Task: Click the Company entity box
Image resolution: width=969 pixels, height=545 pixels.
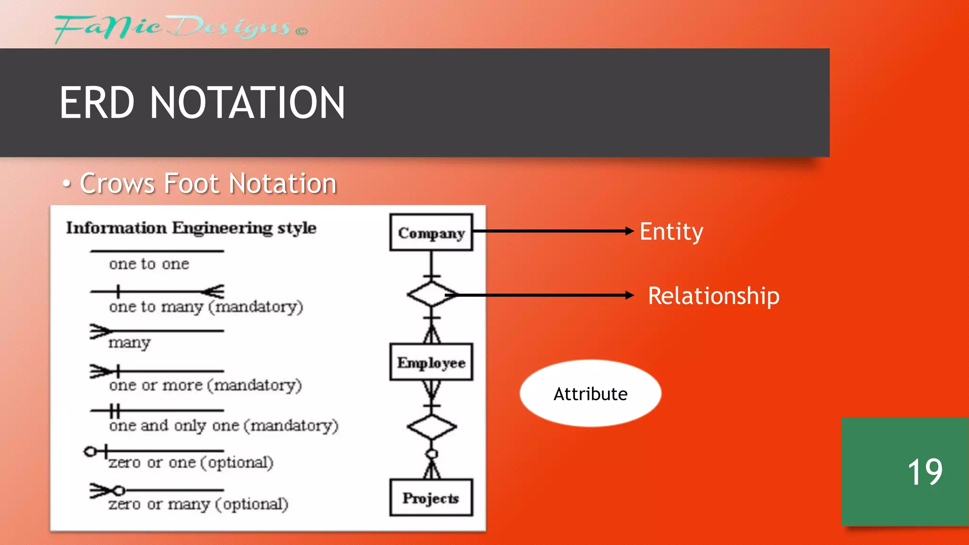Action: (431, 233)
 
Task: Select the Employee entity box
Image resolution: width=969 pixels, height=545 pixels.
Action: (431, 362)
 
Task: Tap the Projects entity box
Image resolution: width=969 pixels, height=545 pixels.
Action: (431, 498)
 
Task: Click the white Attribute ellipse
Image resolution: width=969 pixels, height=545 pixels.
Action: (590, 393)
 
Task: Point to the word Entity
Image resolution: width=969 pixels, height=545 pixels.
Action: (671, 232)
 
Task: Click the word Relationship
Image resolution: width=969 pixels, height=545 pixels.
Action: (713, 296)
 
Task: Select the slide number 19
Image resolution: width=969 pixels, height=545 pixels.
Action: (925, 472)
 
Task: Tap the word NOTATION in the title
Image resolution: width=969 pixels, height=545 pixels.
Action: (247, 103)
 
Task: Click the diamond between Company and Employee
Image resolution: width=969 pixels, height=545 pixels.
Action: (431, 294)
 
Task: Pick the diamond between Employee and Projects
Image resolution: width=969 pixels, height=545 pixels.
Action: (431, 427)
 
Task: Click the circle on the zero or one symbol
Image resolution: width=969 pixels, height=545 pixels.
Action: (90, 451)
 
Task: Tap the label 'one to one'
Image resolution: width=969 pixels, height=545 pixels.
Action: (149, 264)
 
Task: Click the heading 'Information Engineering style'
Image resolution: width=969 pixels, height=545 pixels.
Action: (191, 228)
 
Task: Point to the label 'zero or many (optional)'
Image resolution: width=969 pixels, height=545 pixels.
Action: (198, 504)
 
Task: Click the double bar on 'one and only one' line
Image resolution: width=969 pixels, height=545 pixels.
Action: (115, 410)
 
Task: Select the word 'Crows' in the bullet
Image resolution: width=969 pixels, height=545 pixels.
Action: (117, 184)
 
